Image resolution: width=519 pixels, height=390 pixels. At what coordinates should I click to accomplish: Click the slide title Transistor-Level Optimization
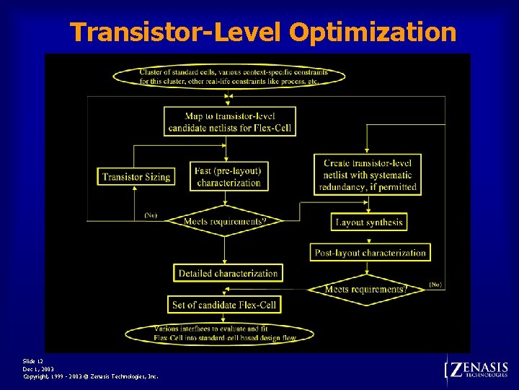[x=263, y=32]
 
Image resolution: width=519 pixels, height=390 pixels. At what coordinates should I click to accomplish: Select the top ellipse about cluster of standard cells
[x=229, y=77]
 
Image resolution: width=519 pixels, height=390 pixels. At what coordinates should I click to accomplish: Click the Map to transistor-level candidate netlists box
[x=230, y=122]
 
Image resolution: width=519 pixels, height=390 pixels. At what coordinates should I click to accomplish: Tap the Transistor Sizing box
[x=136, y=177]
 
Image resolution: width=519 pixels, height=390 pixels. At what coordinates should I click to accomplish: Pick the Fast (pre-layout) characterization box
[x=228, y=177]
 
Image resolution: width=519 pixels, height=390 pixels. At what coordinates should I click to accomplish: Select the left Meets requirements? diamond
[x=224, y=221]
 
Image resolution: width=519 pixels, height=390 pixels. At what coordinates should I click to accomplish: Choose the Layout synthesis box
[x=369, y=222]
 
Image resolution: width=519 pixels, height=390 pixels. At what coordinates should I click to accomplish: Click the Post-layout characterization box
[x=371, y=253]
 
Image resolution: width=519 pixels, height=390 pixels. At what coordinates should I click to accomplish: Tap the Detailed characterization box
[x=228, y=273]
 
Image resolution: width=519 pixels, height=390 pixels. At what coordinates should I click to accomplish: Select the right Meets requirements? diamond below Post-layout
[x=366, y=289]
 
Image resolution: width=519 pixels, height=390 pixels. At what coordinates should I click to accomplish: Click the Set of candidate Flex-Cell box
[x=224, y=305]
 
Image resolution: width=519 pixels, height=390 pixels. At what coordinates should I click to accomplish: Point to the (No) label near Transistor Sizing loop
[x=151, y=215]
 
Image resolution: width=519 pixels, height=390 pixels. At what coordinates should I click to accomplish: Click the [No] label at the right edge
[x=435, y=285]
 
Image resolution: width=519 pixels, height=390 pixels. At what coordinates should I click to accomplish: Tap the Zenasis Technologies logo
[x=478, y=370]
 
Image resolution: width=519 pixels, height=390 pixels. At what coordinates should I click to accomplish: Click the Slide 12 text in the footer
[x=33, y=360]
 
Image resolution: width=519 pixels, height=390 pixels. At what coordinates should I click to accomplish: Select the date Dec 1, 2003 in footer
[x=38, y=368]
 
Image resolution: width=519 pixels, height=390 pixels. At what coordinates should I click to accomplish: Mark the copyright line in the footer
[x=91, y=376]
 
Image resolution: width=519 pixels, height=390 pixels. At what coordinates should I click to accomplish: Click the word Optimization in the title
[x=373, y=32]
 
